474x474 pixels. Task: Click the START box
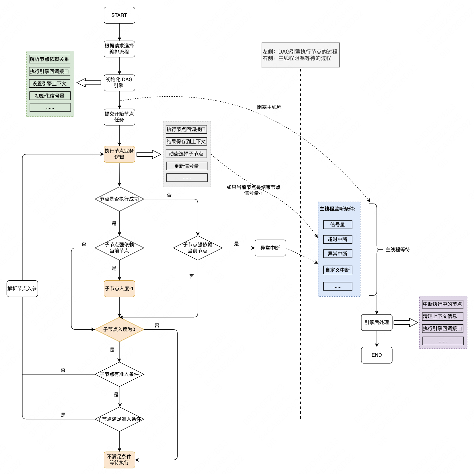click(119, 15)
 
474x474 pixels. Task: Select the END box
click(376, 355)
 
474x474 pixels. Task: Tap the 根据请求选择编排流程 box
click(119, 49)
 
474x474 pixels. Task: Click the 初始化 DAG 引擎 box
click(119, 83)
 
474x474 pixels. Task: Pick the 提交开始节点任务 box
click(119, 117)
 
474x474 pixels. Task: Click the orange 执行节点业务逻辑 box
click(119, 154)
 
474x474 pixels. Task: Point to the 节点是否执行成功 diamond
click(119, 199)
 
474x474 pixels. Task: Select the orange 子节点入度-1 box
click(119, 289)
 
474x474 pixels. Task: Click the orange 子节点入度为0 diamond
click(119, 329)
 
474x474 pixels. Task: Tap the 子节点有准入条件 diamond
click(119, 374)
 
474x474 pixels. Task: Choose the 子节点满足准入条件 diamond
click(119, 419)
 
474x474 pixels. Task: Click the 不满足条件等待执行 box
click(119, 460)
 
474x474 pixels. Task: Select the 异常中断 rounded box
click(270, 248)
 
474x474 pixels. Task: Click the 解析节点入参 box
click(22, 289)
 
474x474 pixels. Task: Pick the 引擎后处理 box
click(376, 322)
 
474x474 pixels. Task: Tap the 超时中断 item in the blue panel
click(338, 239)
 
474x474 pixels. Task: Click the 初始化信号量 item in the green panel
click(50, 96)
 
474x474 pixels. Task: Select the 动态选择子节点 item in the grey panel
click(186, 154)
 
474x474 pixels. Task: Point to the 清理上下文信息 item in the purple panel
click(443, 316)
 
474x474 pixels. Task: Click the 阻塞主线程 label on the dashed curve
click(269, 107)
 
